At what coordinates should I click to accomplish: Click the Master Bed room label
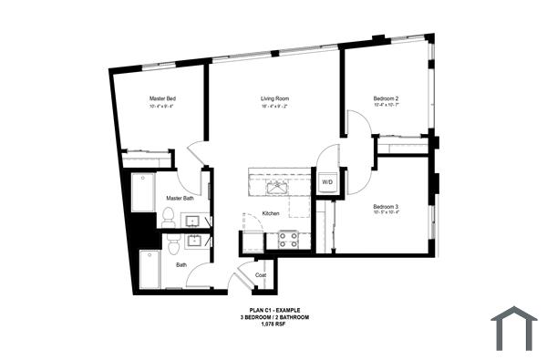tap(163, 98)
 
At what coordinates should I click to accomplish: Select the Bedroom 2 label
tap(386, 98)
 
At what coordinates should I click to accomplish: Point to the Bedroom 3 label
tap(386, 206)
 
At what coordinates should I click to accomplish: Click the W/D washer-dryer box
tap(327, 181)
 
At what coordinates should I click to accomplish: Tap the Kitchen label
tap(271, 213)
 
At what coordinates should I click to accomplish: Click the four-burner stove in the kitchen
tap(288, 240)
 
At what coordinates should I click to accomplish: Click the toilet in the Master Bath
tap(168, 217)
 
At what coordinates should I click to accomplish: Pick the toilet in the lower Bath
tap(172, 243)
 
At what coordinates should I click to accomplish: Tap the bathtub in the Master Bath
tap(143, 192)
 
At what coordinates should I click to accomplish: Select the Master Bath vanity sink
tap(194, 221)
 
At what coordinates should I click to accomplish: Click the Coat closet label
tap(261, 274)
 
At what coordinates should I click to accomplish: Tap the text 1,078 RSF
tap(274, 324)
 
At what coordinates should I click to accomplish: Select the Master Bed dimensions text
tap(163, 107)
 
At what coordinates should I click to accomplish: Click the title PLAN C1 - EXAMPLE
tap(274, 311)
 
